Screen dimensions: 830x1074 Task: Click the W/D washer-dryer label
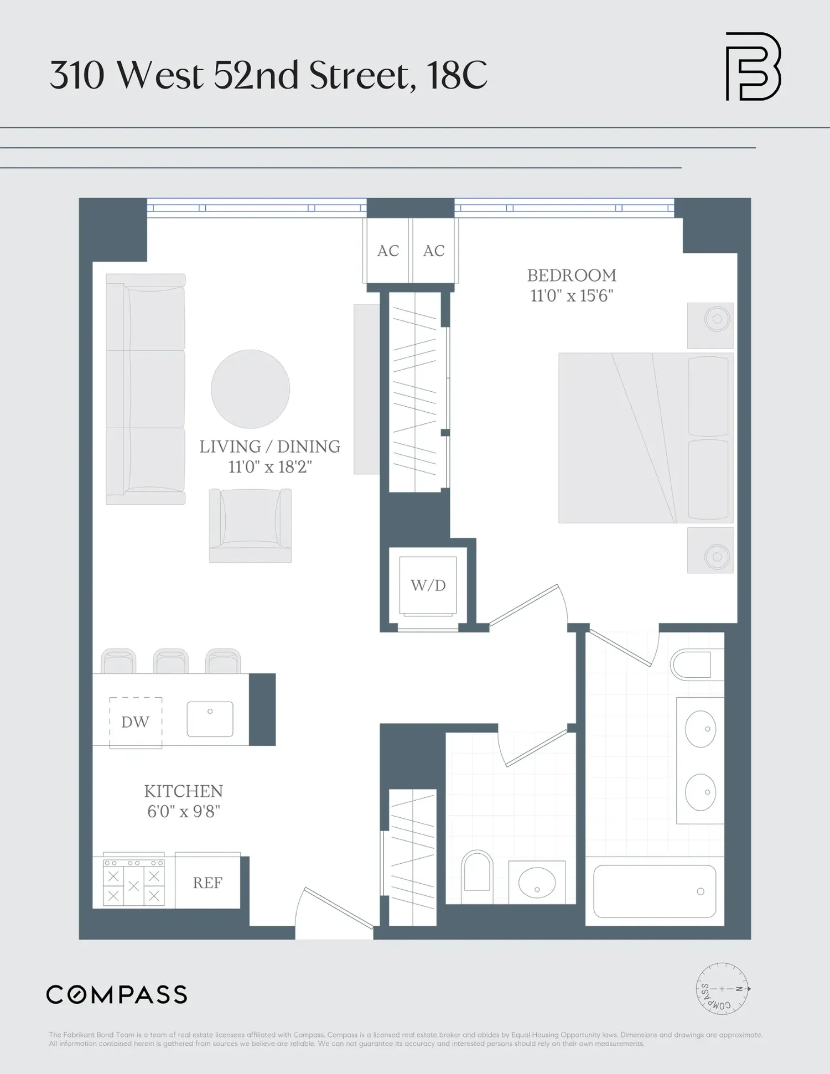(428, 585)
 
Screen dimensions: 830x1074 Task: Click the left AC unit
(387, 251)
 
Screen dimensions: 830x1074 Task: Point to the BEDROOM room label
(572, 275)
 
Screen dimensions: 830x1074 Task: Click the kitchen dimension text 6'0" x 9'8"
(184, 812)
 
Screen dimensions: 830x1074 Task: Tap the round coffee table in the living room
(250, 389)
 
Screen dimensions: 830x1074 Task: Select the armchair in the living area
(250, 526)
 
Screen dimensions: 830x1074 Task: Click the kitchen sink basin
(210, 719)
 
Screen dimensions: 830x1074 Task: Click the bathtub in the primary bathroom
(655, 891)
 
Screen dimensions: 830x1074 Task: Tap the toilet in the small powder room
(477, 871)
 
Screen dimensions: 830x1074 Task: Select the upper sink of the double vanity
(701, 729)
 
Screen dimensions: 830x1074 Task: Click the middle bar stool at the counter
(171, 661)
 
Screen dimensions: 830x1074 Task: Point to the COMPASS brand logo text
(117, 995)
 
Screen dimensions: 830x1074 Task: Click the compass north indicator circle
(722, 989)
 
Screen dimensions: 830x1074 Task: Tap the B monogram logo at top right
(753, 66)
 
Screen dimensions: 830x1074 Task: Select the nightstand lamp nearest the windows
(717, 319)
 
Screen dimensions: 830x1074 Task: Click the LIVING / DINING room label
(270, 447)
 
